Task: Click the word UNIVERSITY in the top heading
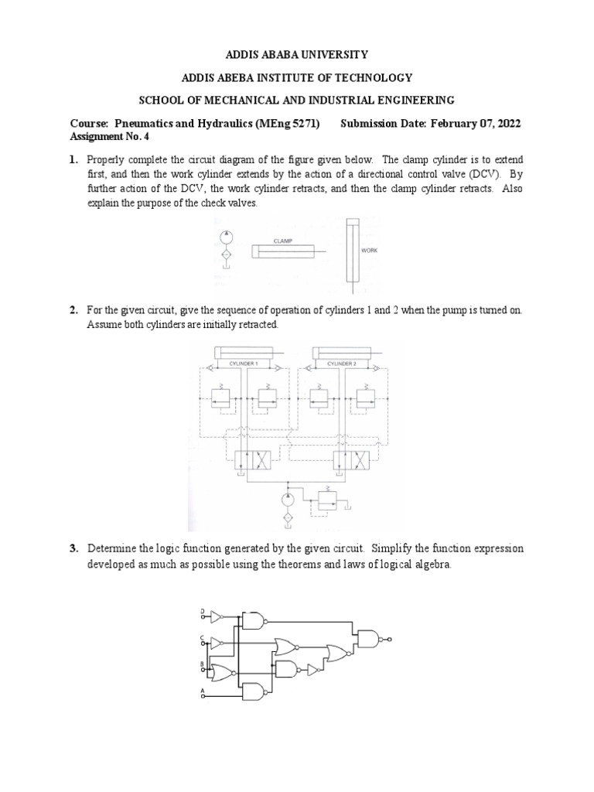pos(314,55)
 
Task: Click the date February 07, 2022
pos(475,124)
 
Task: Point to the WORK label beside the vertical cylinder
pos(370,250)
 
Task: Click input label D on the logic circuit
pos(203,612)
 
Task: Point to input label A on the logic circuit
pos(203,689)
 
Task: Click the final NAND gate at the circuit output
pos(367,639)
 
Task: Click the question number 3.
pos(73,548)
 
